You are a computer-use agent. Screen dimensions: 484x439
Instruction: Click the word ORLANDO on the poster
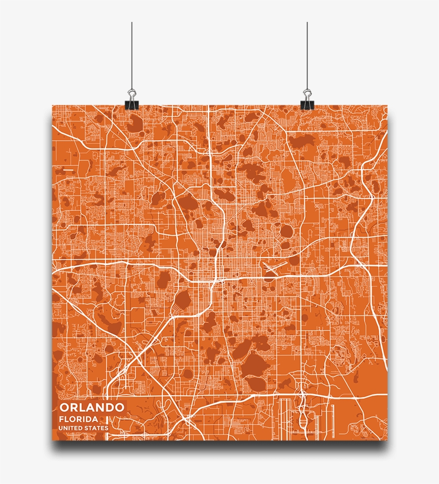point(92,407)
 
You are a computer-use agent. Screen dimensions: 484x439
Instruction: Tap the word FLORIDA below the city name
point(78,419)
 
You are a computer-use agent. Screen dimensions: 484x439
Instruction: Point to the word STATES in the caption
point(96,428)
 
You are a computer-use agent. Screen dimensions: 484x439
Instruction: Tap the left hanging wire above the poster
point(131,54)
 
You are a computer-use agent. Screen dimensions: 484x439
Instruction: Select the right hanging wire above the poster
point(307,54)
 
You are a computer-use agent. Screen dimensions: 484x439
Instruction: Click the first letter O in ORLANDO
point(64,407)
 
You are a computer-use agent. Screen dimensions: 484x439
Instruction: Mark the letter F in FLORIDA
point(62,419)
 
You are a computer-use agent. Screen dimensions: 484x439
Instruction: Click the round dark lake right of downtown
point(287,231)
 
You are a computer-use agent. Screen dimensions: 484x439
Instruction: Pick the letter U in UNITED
point(61,428)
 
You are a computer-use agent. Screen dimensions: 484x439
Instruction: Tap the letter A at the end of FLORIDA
point(95,419)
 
